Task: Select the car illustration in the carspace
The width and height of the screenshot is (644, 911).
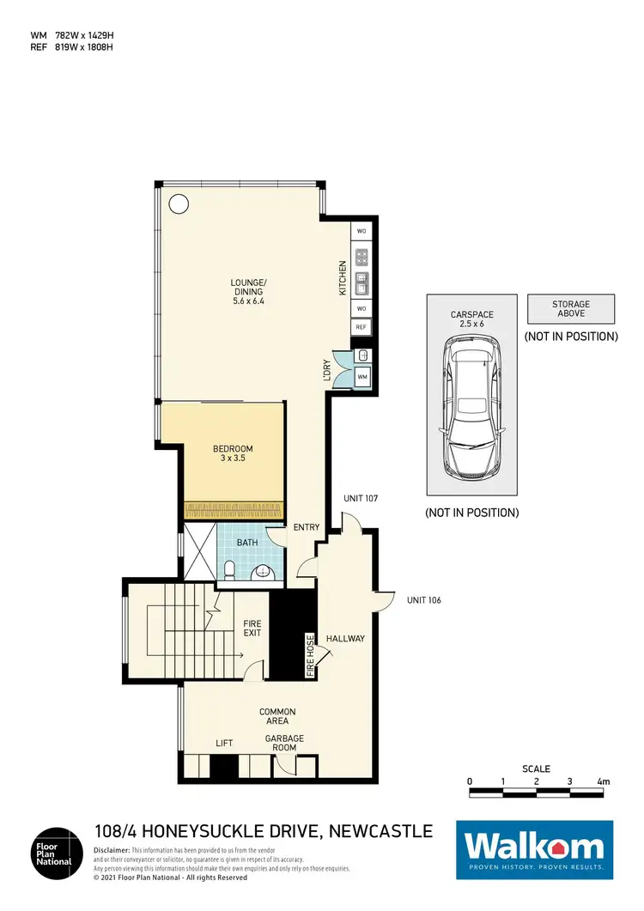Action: click(471, 409)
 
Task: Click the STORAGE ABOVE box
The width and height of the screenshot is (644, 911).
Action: click(571, 308)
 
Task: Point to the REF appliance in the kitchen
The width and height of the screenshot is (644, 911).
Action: click(361, 327)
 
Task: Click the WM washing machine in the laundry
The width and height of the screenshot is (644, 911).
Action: click(361, 376)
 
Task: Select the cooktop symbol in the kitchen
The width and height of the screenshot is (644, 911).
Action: click(361, 257)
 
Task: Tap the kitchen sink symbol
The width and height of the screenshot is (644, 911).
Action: click(361, 281)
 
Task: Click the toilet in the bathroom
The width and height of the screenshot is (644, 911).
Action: click(229, 569)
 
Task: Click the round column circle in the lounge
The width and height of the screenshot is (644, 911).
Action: click(179, 204)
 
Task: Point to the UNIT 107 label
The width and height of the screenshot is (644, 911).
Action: click(360, 498)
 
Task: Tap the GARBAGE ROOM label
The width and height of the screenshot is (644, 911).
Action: click(283, 744)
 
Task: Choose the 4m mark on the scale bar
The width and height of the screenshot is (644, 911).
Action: click(603, 782)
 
